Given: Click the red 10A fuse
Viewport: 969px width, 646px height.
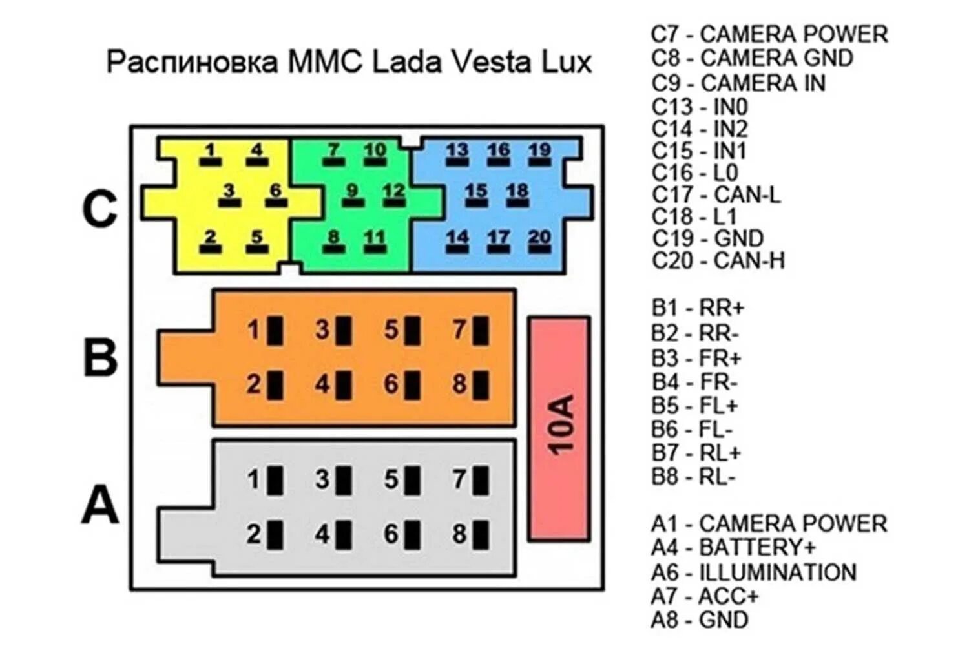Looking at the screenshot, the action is pyautogui.click(x=559, y=428).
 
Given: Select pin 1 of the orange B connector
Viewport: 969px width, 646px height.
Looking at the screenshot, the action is pyautogui.click(x=275, y=331).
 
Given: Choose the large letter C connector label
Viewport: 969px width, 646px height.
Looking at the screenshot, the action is pyautogui.click(x=100, y=209).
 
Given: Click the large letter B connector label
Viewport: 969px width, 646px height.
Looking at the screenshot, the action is pyautogui.click(x=100, y=356).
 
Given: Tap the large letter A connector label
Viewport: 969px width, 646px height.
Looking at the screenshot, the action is pyautogui.click(x=100, y=505).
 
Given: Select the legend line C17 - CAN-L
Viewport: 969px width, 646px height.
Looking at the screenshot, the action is pyautogui.click(x=716, y=194).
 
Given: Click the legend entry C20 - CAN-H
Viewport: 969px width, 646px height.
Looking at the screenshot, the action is pyautogui.click(x=718, y=260).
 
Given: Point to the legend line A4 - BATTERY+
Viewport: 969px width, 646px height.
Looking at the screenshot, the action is pyautogui.click(x=733, y=548).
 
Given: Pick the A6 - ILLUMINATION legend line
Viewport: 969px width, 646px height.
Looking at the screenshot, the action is pyautogui.click(x=753, y=572).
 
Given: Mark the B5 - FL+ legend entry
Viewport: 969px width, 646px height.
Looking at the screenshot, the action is pyautogui.click(x=694, y=406).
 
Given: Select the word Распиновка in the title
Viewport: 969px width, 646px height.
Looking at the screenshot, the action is pyautogui.click(x=193, y=62).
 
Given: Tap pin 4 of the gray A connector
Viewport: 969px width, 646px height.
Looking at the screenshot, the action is pyautogui.click(x=344, y=535).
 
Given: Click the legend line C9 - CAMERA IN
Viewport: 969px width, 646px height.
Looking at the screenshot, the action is pyautogui.click(x=738, y=83).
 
